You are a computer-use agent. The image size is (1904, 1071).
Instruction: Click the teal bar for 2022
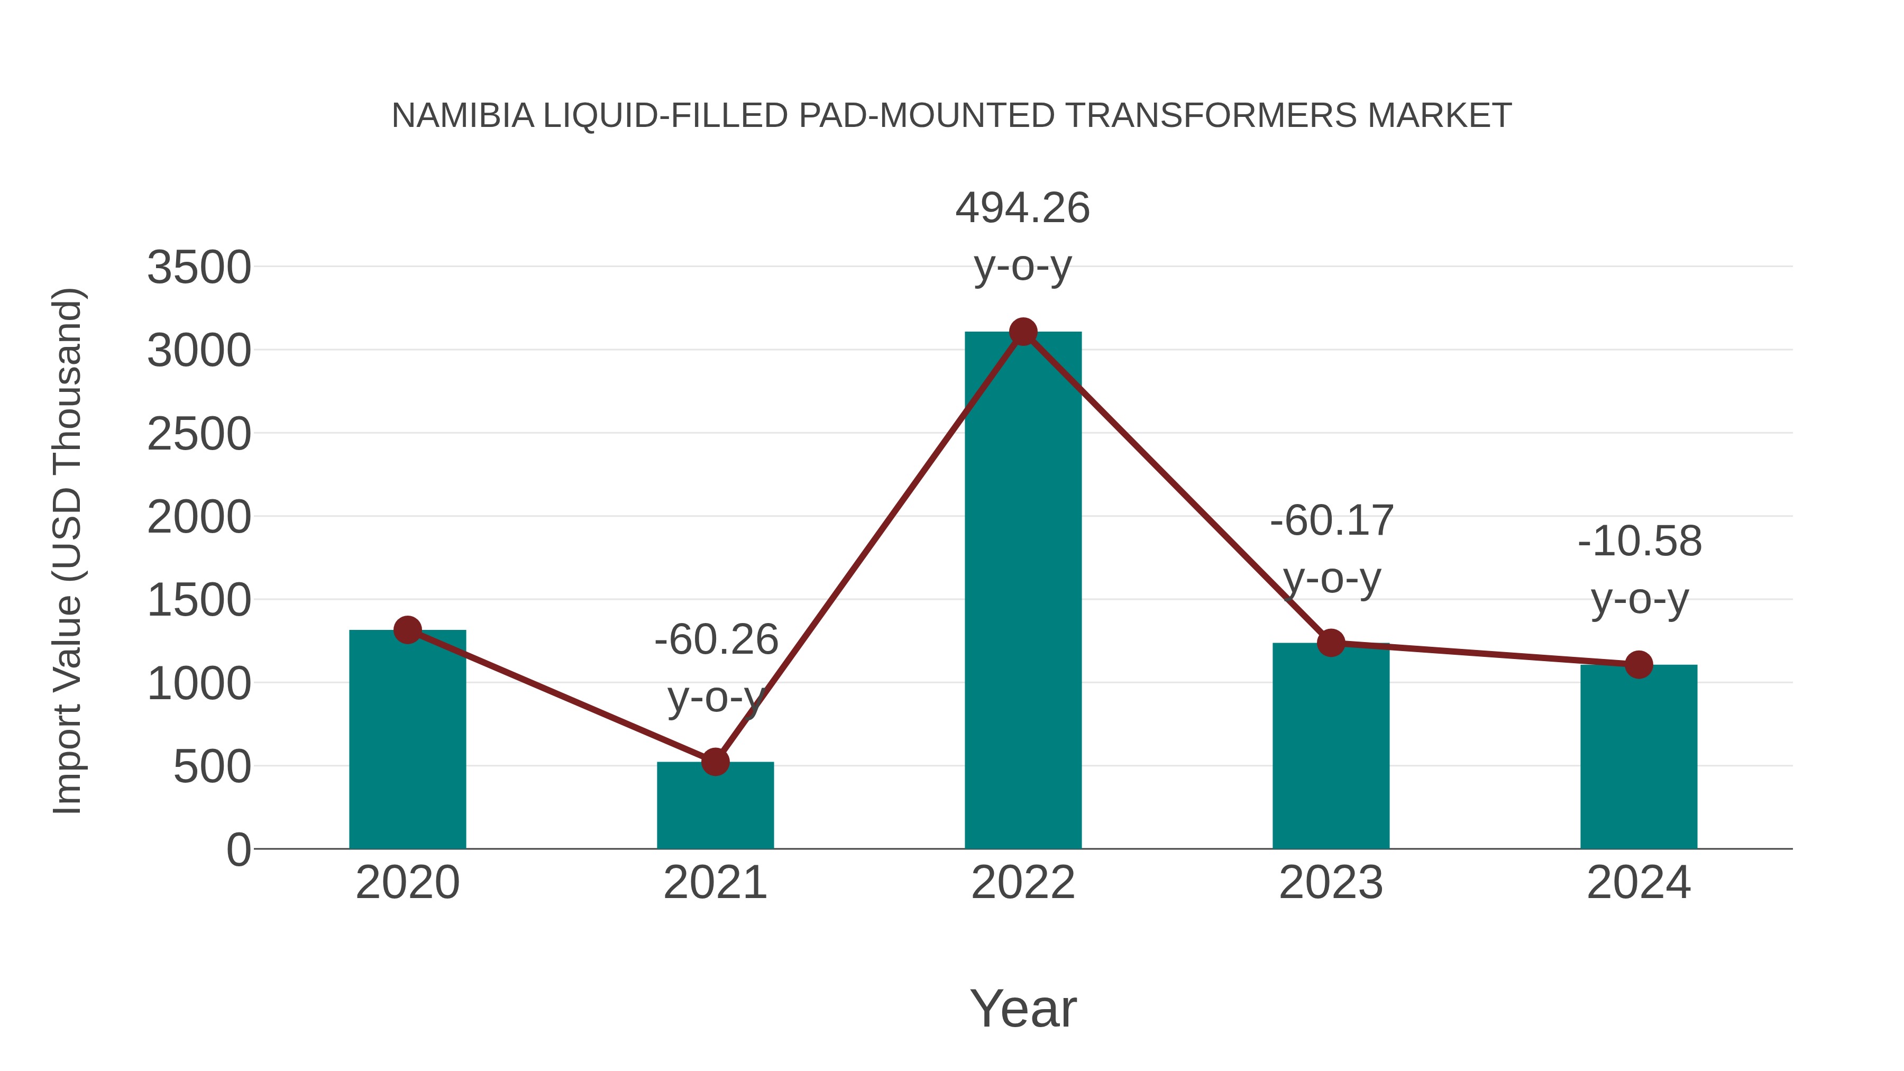[x=1023, y=591]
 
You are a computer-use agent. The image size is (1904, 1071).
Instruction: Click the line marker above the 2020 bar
[x=408, y=630]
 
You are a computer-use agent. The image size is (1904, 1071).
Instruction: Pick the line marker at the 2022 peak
[x=1023, y=332]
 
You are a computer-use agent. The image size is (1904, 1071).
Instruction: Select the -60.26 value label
[x=716, y=640]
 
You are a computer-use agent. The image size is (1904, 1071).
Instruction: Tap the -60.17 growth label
[x=1332, y=521]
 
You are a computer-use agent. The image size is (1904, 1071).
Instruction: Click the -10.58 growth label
[x=1640, y=542]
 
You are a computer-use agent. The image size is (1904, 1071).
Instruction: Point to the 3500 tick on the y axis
[x=199, y=268]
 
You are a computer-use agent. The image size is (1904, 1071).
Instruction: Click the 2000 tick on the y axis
[x=199, y=517]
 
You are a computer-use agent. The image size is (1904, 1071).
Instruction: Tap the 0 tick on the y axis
[x=238, y=850]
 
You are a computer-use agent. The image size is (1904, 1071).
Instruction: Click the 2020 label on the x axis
[x=408, y=883]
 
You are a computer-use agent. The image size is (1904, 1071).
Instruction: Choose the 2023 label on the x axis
[x=1331, y=883]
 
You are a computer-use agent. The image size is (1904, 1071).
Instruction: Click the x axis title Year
[x=1023, y=1009]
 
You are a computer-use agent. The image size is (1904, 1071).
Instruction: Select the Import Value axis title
[x=68, y=551]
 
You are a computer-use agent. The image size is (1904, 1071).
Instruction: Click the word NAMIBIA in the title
[x=463, y=116]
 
